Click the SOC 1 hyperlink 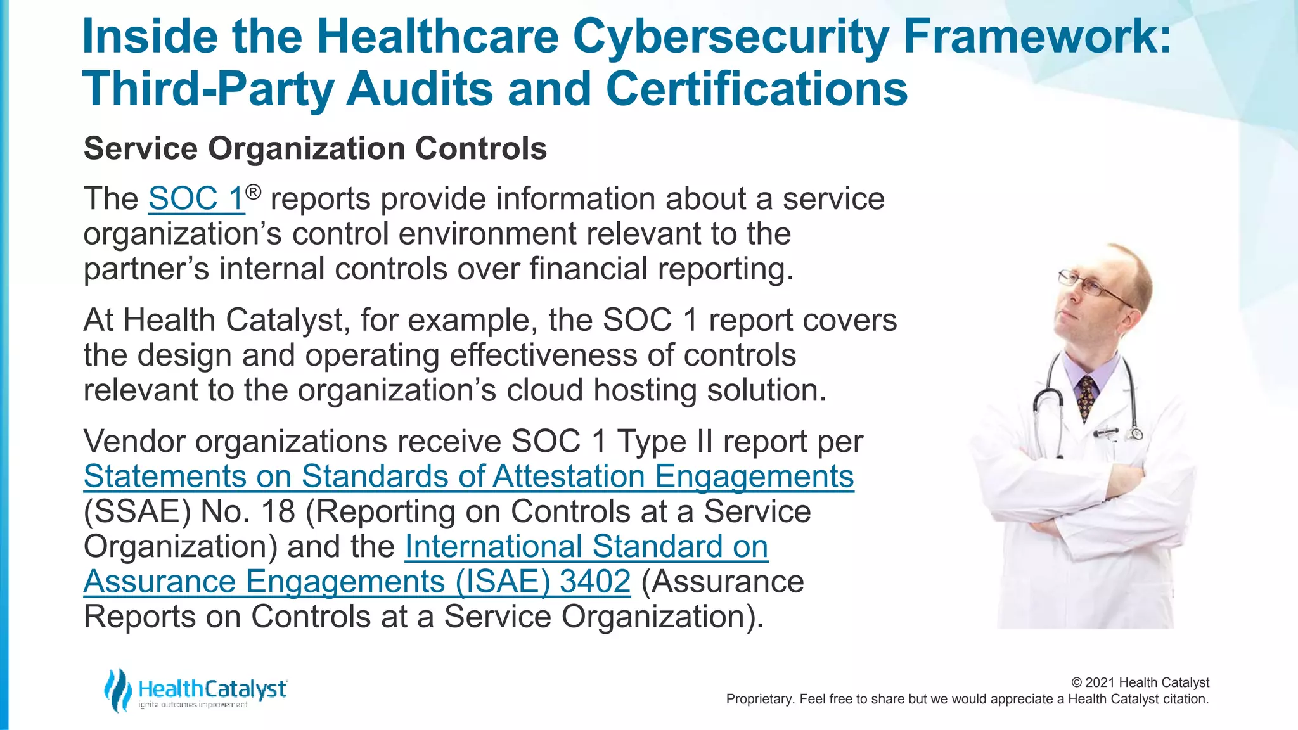196,199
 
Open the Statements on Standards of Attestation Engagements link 468,477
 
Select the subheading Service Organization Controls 315,149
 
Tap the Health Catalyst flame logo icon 118,690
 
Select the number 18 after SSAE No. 278,511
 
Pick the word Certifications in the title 757,89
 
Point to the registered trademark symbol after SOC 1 253,191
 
